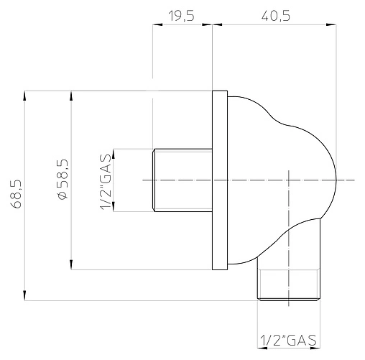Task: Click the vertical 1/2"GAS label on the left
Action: click(106, 181)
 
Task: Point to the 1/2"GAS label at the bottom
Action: click(287, 340)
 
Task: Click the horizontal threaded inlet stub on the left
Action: click(182, 180)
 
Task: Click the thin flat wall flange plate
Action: click(220, 180)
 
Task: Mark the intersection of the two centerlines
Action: click(287, 180)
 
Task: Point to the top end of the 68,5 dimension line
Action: click(26, 91)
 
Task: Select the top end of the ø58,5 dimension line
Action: click(71, 91)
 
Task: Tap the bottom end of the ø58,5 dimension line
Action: click(71, 270)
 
